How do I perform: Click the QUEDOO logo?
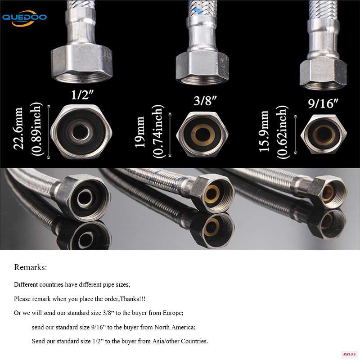click(x=24, y=18)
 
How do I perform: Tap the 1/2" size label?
click(x=82, y=94)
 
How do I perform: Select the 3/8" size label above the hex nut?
click(x=205, y=100)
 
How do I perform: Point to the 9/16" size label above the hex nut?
click(x=323, y=103)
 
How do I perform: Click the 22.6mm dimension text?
click(x=18, y=129)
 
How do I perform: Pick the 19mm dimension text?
click(x=139, y=132)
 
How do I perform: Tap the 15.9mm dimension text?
click(x=264, y=131)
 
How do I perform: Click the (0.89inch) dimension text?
click(x=36, y=129)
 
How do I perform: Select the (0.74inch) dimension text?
click(x=158, y=131)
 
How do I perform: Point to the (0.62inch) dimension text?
click(x=282, y=132)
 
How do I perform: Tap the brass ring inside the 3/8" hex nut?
click(x=203, y=135)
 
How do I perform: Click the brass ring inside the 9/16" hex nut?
click(x=324, y=135)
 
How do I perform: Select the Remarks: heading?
click(x=31, y=267)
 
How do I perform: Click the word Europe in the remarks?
click(x=173, y=313)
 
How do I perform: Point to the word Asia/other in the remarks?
click(x=166, y=341)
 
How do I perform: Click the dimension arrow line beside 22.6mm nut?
click(x=49, y=132)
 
